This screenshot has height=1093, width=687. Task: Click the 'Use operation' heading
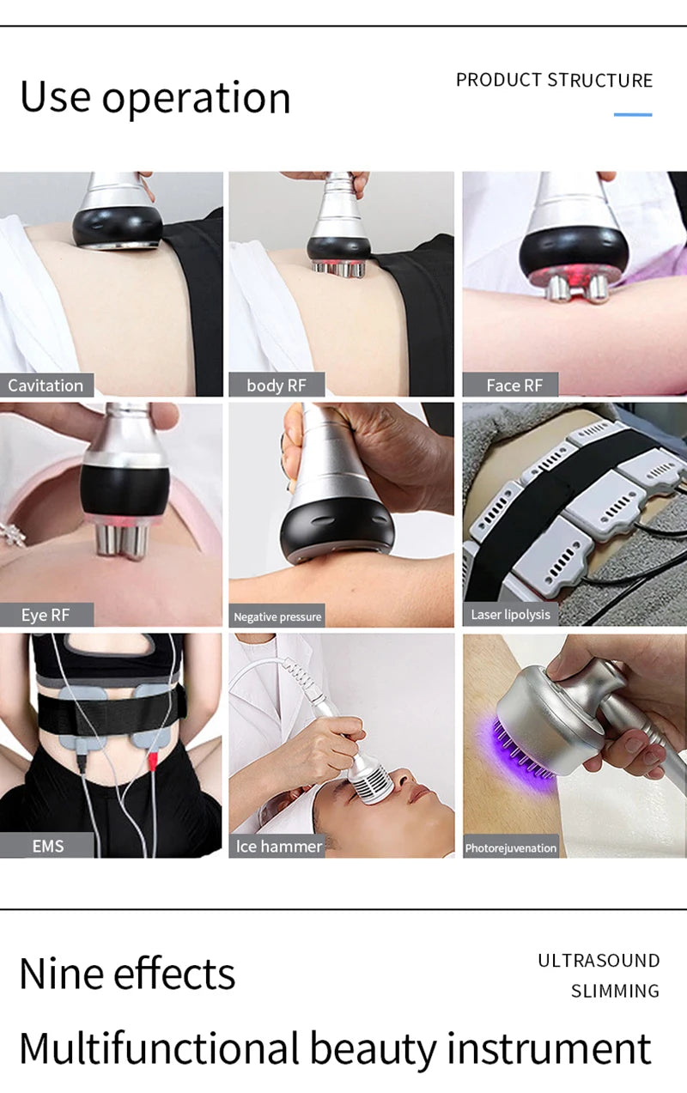[155, 98]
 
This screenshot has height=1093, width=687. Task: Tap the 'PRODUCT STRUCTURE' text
[554, 81]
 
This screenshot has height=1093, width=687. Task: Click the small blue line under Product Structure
[633, 114]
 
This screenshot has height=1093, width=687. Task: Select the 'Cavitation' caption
[46, 386]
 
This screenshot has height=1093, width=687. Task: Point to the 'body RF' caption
[276, 386]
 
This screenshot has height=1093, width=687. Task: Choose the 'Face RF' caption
[514, 386]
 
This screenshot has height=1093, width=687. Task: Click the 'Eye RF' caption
[46, 615]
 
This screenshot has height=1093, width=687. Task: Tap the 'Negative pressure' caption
[277, 616]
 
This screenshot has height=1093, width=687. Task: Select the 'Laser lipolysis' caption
[510, 615]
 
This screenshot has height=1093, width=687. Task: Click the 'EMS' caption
[47, 846]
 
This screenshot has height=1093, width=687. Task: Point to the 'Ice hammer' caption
[278, 846]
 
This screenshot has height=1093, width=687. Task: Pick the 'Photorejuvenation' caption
[510, 848]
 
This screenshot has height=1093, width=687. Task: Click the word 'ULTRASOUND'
[599, 961]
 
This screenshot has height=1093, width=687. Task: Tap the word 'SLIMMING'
[615, 992]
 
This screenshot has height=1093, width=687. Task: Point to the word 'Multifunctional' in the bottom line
[159, 1049]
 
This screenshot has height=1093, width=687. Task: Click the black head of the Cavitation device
[118, 226]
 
